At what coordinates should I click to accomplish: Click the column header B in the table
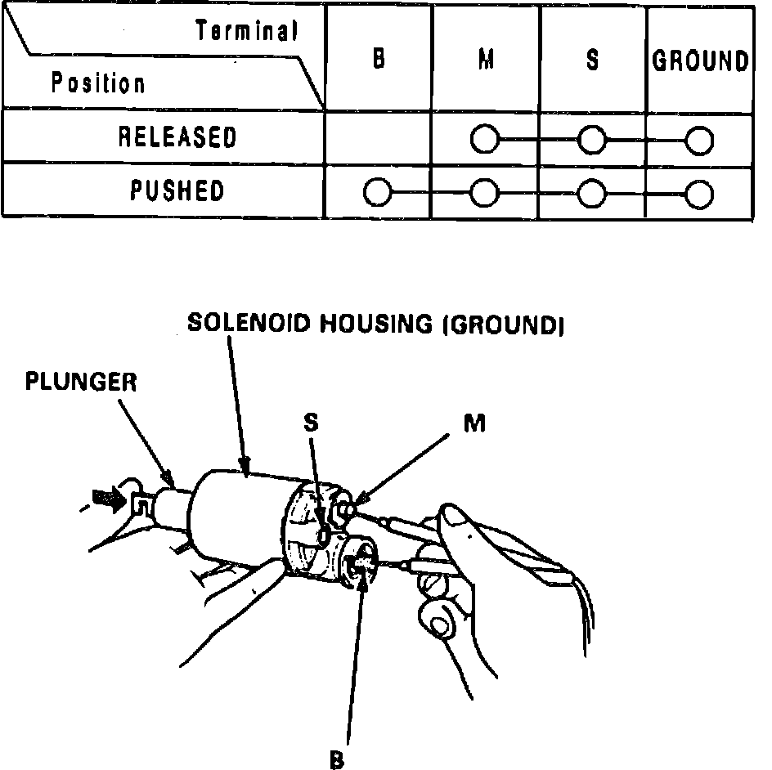[x=379, y=60]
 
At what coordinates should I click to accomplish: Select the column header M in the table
[x=485, y=60]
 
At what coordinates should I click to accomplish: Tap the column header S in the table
[x=591, y=60]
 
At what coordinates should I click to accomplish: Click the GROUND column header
[x=700, y=61]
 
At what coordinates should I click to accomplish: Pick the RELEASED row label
[x=177, y=137]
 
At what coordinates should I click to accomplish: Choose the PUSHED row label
[x=177, y=190]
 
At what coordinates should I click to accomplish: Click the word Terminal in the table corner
[x=246, y=32]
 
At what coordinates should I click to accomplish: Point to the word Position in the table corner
[x=98, y=83]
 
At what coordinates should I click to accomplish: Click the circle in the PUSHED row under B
[x=377, y=194]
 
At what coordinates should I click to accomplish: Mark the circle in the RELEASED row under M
[x=484, y=141]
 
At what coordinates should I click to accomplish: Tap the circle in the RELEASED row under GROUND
[x=699, y=141]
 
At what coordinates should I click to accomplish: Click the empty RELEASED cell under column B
[x=379, y=137]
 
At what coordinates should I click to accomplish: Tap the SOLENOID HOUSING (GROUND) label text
[x=375, y=323]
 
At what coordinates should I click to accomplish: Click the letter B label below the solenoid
[x=336, y=759]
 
